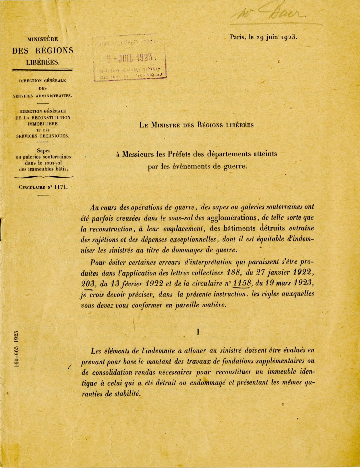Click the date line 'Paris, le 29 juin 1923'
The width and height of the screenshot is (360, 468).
click(x=263, y=37)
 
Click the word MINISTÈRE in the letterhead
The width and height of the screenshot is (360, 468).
click(x=42, y=39)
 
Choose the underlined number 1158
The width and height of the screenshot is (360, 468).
click(x=242, y=283)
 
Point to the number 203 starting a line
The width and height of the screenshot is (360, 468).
click(x=87, y=283)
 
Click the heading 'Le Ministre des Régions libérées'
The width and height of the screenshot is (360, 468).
click(x=197, y=125)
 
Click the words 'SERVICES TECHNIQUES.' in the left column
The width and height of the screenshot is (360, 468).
click(x=43, y=136)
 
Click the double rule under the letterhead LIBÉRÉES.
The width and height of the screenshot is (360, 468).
click(x=42, y=70)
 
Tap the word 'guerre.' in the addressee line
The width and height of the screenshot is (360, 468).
click(x=236, y=167)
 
